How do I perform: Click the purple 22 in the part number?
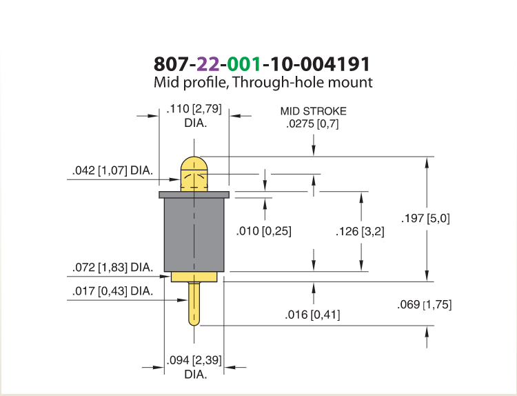207,64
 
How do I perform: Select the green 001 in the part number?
244,64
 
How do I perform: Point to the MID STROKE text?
313,111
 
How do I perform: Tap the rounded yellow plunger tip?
194,174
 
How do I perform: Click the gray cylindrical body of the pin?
194,235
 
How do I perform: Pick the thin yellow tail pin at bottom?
194,304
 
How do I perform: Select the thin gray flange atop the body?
194,195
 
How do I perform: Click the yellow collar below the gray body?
194,277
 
